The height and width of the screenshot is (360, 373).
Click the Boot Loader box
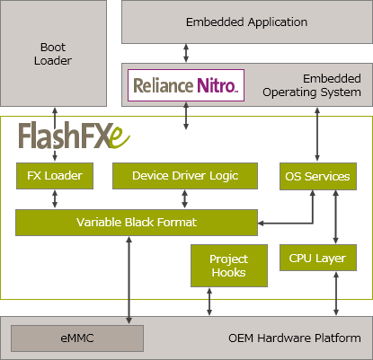(53, 53)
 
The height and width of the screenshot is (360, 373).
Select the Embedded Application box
(247, 22)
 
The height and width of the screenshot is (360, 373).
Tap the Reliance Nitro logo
(186, 85)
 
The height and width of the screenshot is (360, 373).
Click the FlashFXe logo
(74, 136)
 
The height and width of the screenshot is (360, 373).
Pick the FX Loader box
(55, 176)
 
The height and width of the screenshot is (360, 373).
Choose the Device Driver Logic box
(185, 176)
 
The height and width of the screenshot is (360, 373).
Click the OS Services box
(318, 176)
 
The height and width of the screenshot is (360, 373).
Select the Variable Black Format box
(137, 223)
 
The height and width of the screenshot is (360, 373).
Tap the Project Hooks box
(229, 266)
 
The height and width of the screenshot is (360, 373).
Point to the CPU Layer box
(318, 258)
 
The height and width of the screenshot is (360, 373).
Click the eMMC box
(77, 338)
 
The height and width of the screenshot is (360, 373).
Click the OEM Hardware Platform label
(295, 338)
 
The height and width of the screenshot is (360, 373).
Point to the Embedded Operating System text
(312, 85)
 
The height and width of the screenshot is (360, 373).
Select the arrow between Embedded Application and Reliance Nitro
(186, 53)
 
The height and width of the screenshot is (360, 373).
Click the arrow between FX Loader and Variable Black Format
(55, 199)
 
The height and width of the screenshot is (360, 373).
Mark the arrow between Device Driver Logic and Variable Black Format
(185, 199)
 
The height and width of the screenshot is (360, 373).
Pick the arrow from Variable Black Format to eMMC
(129, 280)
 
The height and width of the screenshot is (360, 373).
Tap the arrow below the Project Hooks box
(209, 302)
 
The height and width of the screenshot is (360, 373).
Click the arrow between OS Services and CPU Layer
(336, 217)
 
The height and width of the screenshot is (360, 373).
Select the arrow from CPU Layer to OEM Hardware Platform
(336, 294)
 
